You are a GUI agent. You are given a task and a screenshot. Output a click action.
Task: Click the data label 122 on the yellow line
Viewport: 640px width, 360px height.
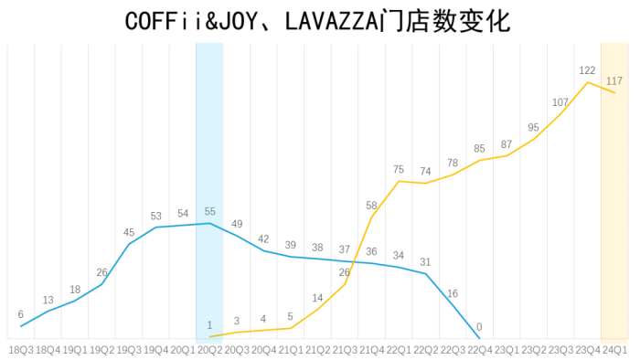(x=587, y=70)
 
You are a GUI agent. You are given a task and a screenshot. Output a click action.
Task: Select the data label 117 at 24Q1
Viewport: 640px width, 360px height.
(x=614, y=81)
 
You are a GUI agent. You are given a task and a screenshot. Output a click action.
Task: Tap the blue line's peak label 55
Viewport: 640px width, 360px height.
(x=209, y=211)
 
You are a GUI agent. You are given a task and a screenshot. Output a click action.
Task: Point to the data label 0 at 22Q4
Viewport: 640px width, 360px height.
(x=479, y=327)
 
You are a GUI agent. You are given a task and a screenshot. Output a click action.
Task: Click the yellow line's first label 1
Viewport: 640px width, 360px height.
(x=209, y=325)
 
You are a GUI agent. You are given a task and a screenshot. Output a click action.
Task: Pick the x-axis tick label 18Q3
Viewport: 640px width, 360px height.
(x=20, y=350)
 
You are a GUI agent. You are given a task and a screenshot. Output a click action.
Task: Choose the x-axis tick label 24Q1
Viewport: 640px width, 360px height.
(x=614, y=350)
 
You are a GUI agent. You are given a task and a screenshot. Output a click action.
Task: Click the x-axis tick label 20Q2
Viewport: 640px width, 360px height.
(x=209, y=350)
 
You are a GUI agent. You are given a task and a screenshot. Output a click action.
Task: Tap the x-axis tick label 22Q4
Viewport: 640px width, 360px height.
(x=479, y=350)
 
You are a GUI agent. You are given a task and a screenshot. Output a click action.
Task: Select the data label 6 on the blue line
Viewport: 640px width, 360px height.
(x=20, y=314)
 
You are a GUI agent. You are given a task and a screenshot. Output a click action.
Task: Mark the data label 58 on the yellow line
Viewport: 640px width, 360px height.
(x=371, y=206)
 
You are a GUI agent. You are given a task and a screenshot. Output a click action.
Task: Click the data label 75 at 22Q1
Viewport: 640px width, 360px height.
(x=399, y=169)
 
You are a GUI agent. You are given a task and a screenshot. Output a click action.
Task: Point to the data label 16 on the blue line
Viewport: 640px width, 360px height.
(x=452, y=293)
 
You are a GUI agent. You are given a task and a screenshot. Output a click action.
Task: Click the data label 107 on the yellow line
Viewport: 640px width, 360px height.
(x=560, y=102)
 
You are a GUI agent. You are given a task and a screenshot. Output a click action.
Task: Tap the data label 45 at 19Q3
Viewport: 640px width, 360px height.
(x=128, y=232)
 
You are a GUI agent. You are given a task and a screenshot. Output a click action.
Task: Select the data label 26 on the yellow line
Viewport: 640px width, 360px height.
(x=345, y=272)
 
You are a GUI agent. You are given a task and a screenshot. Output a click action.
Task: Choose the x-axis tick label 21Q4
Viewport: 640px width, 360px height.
(x=371, y=350)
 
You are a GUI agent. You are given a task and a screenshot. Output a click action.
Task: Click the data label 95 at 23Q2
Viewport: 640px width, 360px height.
(x=533, y=128)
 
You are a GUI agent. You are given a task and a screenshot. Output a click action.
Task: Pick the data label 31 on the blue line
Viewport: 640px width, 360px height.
(x=425, y=262)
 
